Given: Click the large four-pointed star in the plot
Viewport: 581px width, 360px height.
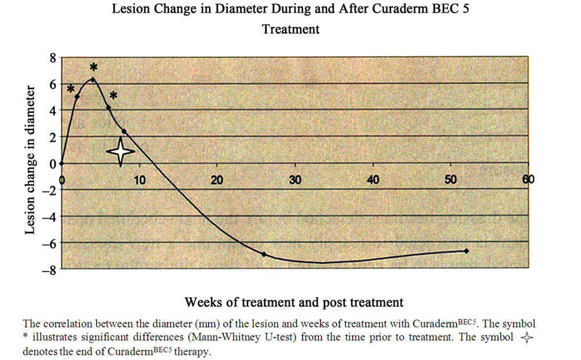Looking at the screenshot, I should [x=120, y=150].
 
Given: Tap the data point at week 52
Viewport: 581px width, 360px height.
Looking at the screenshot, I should [x=466, y=251].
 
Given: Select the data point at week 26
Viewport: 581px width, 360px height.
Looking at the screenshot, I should [x=264, y=254].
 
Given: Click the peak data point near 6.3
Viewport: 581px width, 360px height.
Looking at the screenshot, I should [x=93, y=79].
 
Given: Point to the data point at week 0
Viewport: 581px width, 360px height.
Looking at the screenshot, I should [x=61, y=163].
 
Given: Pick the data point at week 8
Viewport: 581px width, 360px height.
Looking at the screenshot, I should [x=124, y=131].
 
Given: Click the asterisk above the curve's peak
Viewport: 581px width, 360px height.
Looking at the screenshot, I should [x=93, y=68].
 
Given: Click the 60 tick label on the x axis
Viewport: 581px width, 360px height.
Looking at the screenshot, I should [x=528, y=179].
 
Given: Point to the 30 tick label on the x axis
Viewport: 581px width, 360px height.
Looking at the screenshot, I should [x=295, y=179].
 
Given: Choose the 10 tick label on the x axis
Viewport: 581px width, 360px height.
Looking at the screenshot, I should [x=139, y=179].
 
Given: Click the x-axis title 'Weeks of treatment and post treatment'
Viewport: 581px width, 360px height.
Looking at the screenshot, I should [x=294, y=302].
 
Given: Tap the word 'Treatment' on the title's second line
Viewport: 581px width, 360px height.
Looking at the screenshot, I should [x=290, y=29].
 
